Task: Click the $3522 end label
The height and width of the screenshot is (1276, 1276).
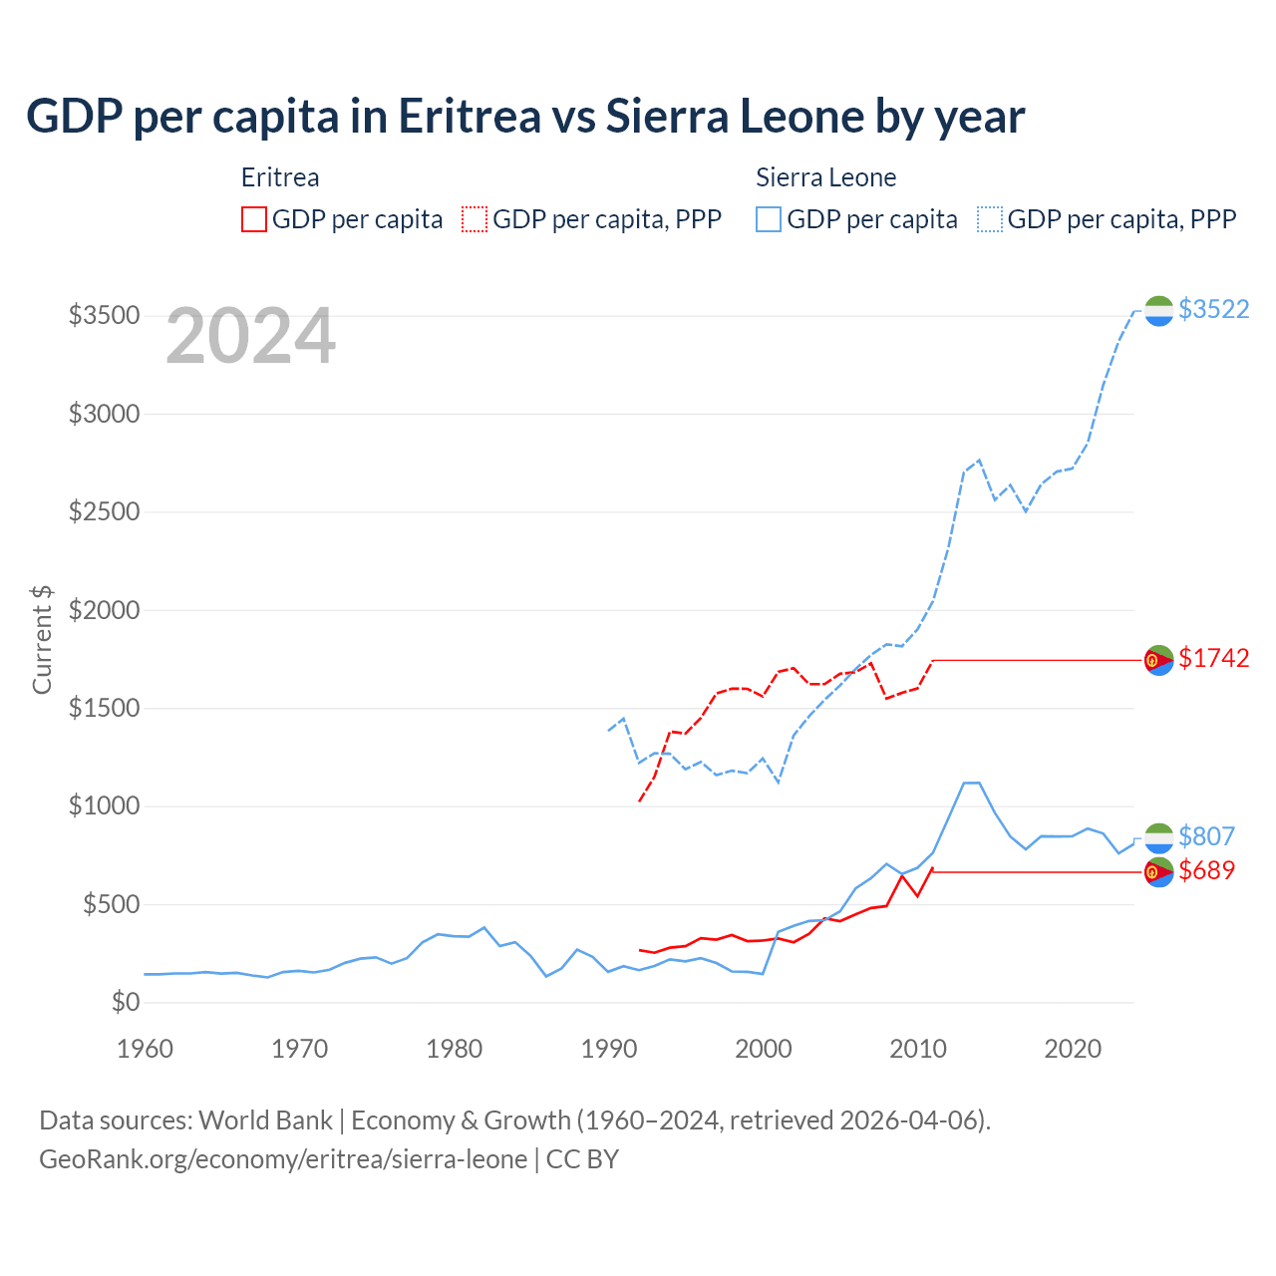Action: [x=1213, y=309]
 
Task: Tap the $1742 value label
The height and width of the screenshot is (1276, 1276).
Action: [x=1213, y=658]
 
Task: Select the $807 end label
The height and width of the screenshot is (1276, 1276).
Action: [x=1206, y=836]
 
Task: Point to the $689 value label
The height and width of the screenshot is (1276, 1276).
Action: [x=1206, y=870]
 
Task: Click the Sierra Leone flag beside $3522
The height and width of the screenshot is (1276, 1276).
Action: [x=1158, y=311]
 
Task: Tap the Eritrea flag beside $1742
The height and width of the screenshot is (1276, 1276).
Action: [x=1158, y=660]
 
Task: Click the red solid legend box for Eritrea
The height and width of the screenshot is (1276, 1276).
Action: [x=254, y=219]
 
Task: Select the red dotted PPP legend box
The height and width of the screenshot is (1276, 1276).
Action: [x=475, y=219]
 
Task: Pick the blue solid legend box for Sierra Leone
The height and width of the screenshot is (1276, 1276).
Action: [x=769, y=219]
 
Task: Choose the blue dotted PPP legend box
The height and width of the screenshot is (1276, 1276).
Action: [x=990, y=219]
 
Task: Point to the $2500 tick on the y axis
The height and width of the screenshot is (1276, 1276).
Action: [x=104, y=511]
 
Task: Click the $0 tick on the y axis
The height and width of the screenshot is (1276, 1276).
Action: [x=125, y=1002]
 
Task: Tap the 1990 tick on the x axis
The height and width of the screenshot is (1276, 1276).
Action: [x=609, y=1049]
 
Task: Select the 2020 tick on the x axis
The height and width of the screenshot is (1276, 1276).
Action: [x=1073, y=1049]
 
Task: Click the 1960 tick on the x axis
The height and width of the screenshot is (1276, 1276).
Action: [x=146, y=1049]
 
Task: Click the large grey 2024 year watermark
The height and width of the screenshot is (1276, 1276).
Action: [x=250, y=337]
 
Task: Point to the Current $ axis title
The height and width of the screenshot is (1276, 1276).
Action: [x=42, y=639]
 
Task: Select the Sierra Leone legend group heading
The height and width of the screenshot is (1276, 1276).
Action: [x=825, y=177]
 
